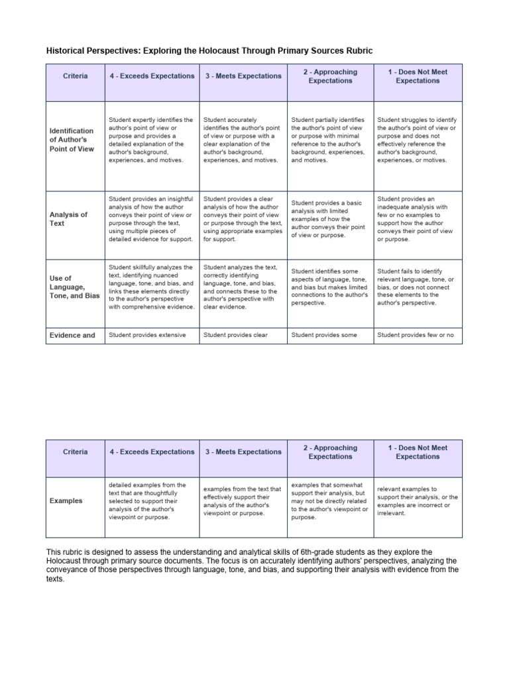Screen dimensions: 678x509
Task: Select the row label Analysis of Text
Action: pos(69,218)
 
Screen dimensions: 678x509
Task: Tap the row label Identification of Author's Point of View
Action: pos(72,140)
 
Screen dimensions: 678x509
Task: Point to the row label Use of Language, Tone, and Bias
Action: pos(74,287)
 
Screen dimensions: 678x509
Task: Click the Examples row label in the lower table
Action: pos(66,501)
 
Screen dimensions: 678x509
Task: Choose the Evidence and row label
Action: pos(73,335)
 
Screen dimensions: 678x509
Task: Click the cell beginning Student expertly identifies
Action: pos(151,140)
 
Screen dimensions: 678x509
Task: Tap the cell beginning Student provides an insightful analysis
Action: pos(151,218)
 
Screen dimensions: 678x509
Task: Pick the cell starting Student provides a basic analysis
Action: pos(329,218)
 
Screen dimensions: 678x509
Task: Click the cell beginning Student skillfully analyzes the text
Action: pos(151,287)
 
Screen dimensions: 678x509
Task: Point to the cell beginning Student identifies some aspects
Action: pos(329,287)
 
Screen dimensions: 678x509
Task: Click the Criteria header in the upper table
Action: pos(75,76)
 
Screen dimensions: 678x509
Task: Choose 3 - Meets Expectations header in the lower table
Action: pos(243,452)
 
